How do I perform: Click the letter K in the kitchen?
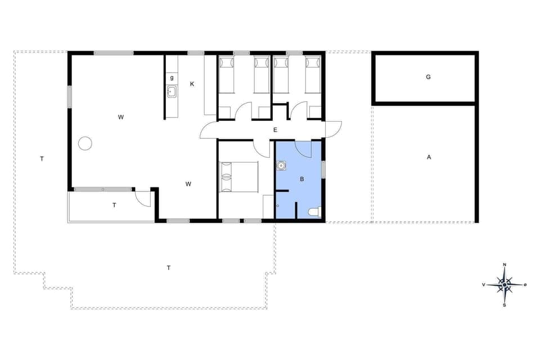[x=192, y=84]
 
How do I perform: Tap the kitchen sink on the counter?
[x=172, y=92]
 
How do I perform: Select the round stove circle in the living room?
[x=85, y=143]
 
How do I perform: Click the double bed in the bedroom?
[x=238, y=177]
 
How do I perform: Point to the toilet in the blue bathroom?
[x=314, y=212]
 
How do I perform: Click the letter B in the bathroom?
[x=301, y=179]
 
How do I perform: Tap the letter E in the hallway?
[x=275, y=130]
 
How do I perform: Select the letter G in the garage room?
[x=428, y=77]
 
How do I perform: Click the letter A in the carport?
[x=429, y=157]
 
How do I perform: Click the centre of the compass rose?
[x=505, y=285]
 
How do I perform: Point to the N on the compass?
[x=505, y=265]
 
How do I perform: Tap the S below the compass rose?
[x=505, y=305]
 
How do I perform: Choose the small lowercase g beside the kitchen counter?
[x=172, y=77]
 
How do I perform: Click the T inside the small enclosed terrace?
[x=114, y=205]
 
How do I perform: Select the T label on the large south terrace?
[x=168, y=268]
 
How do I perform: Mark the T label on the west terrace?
[x=42, y=159]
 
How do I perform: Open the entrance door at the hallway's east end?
[x=333, y=129]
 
